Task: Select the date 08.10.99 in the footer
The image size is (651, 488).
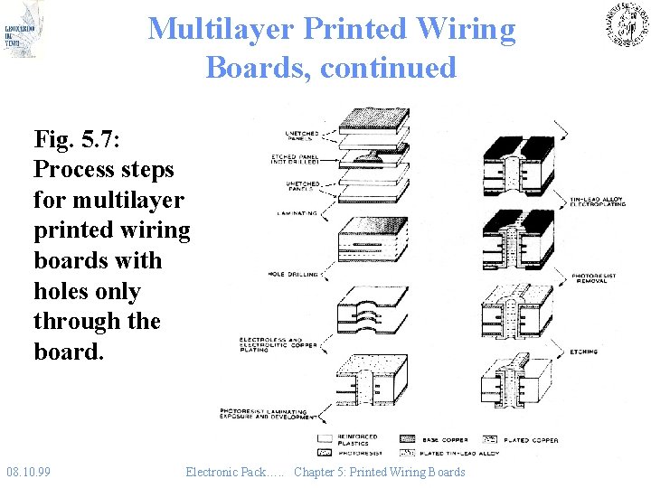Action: point(29,472)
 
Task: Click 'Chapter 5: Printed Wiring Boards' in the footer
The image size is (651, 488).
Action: point(379,472)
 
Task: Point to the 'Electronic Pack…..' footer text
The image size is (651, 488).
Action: point(235,472)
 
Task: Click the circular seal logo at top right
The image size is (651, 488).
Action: point(627,24)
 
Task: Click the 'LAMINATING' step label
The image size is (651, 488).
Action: point(297,213)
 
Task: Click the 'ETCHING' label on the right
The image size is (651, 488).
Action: point(584,352)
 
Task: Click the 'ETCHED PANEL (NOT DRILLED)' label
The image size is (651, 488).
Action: point(295,160)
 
